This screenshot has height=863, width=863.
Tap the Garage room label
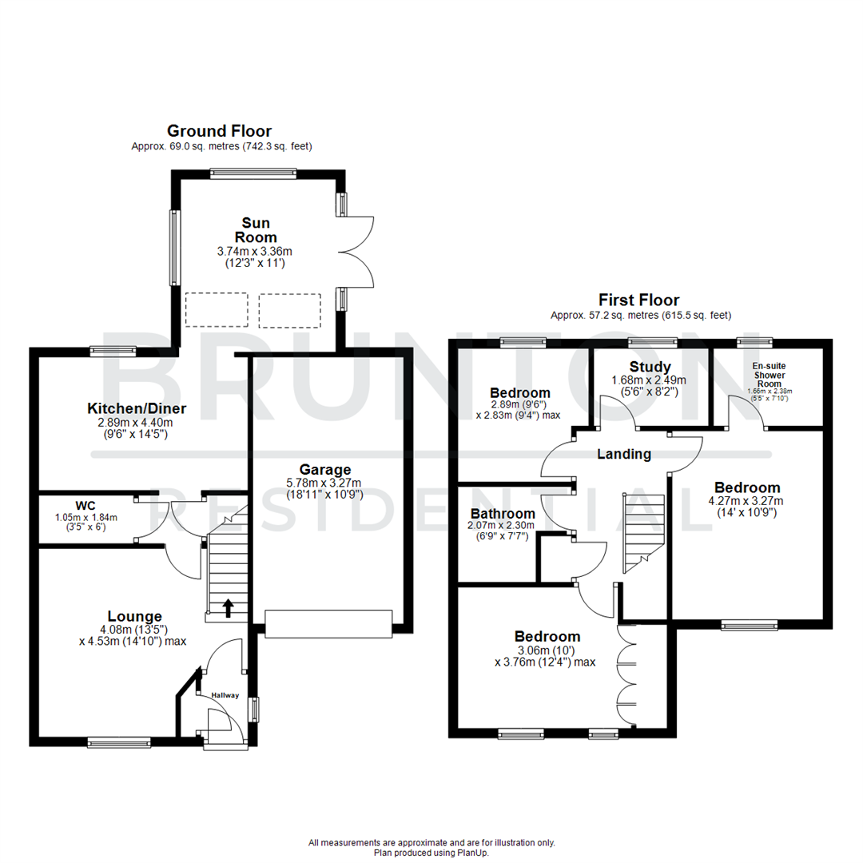pyautogui.click(x=325, y=469)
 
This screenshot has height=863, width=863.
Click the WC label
pyautogui.click(x=86, y=505)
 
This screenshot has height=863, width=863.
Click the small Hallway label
pyautogui.click(x=225, y=695)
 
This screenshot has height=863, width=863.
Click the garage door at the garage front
pyautogui.click(x=328, y=624)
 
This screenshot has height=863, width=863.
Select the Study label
pyautogui.click(x=650, y=368)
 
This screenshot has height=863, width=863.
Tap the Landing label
pyautogui.click(x=624, y=454)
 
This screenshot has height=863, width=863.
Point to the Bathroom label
pyautogui.click(x=502, y=514)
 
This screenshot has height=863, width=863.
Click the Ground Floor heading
pyautogui.click(x=219, y=131)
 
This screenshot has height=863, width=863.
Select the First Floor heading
pyautogui.click(x=639, y=300)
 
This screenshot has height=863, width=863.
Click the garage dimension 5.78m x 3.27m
pyautogui.click(x=325, y=482)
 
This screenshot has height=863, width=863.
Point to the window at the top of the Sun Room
pyautogui.click(x=253, y=172)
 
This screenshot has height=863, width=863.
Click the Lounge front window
pyautogui.click(x=119, y=742)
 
